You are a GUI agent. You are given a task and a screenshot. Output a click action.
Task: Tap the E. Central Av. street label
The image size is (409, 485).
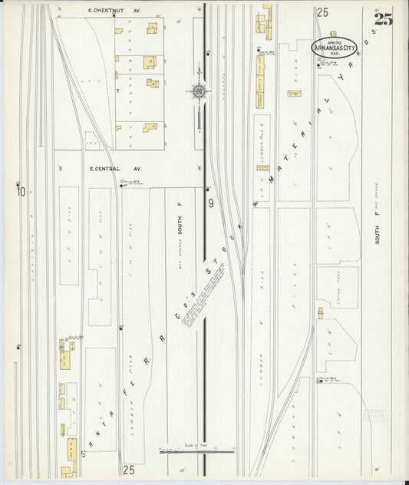coord(105,168)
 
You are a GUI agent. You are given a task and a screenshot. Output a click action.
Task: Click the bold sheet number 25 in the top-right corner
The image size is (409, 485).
coord(383,19)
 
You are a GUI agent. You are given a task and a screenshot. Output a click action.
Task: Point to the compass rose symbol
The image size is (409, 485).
coord(199,92)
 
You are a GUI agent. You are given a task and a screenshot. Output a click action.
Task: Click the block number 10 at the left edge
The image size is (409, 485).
coord(21,192)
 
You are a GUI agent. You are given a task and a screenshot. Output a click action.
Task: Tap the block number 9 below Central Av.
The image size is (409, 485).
coord(209,203)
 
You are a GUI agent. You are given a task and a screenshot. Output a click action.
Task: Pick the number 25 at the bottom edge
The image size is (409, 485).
coord(128,468)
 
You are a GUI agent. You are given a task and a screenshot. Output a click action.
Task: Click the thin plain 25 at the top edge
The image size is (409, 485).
coord(322,12)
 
